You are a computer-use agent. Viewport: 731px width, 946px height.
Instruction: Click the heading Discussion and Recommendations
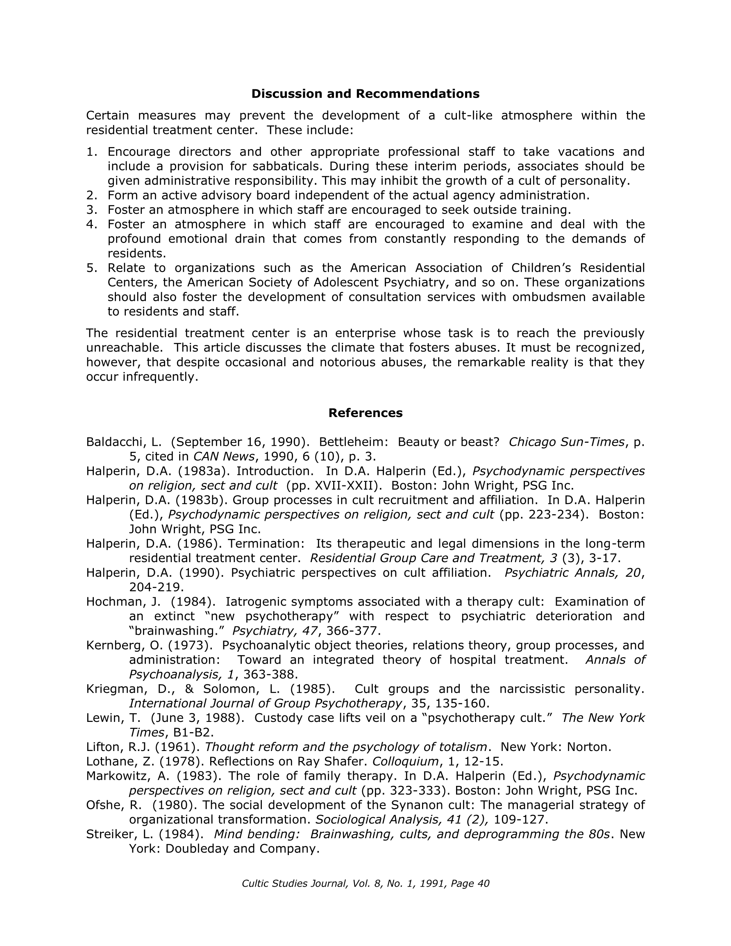coord(365,94)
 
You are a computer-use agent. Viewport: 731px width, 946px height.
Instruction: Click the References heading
coord(365,413)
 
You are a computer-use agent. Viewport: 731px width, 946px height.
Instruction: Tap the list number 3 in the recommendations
coord(91,210)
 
